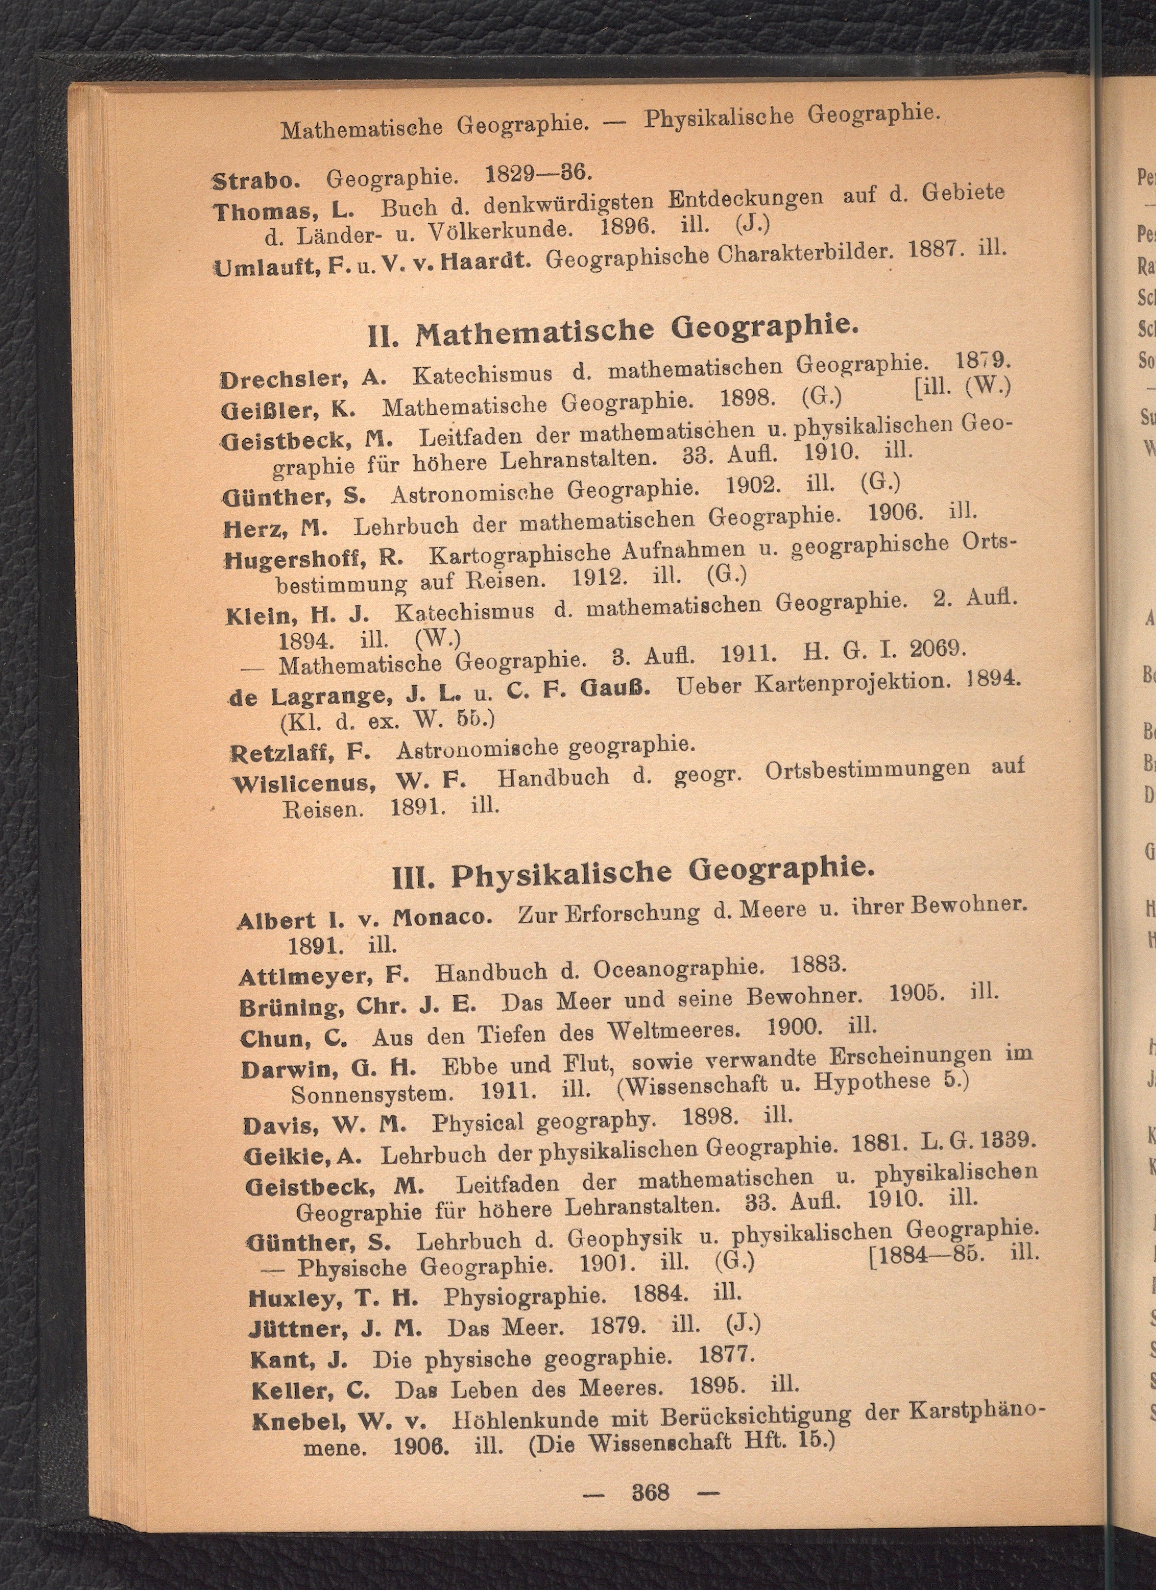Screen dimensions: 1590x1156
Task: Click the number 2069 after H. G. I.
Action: click(938, 648)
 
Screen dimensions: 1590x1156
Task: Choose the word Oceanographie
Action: click(677, 968)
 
